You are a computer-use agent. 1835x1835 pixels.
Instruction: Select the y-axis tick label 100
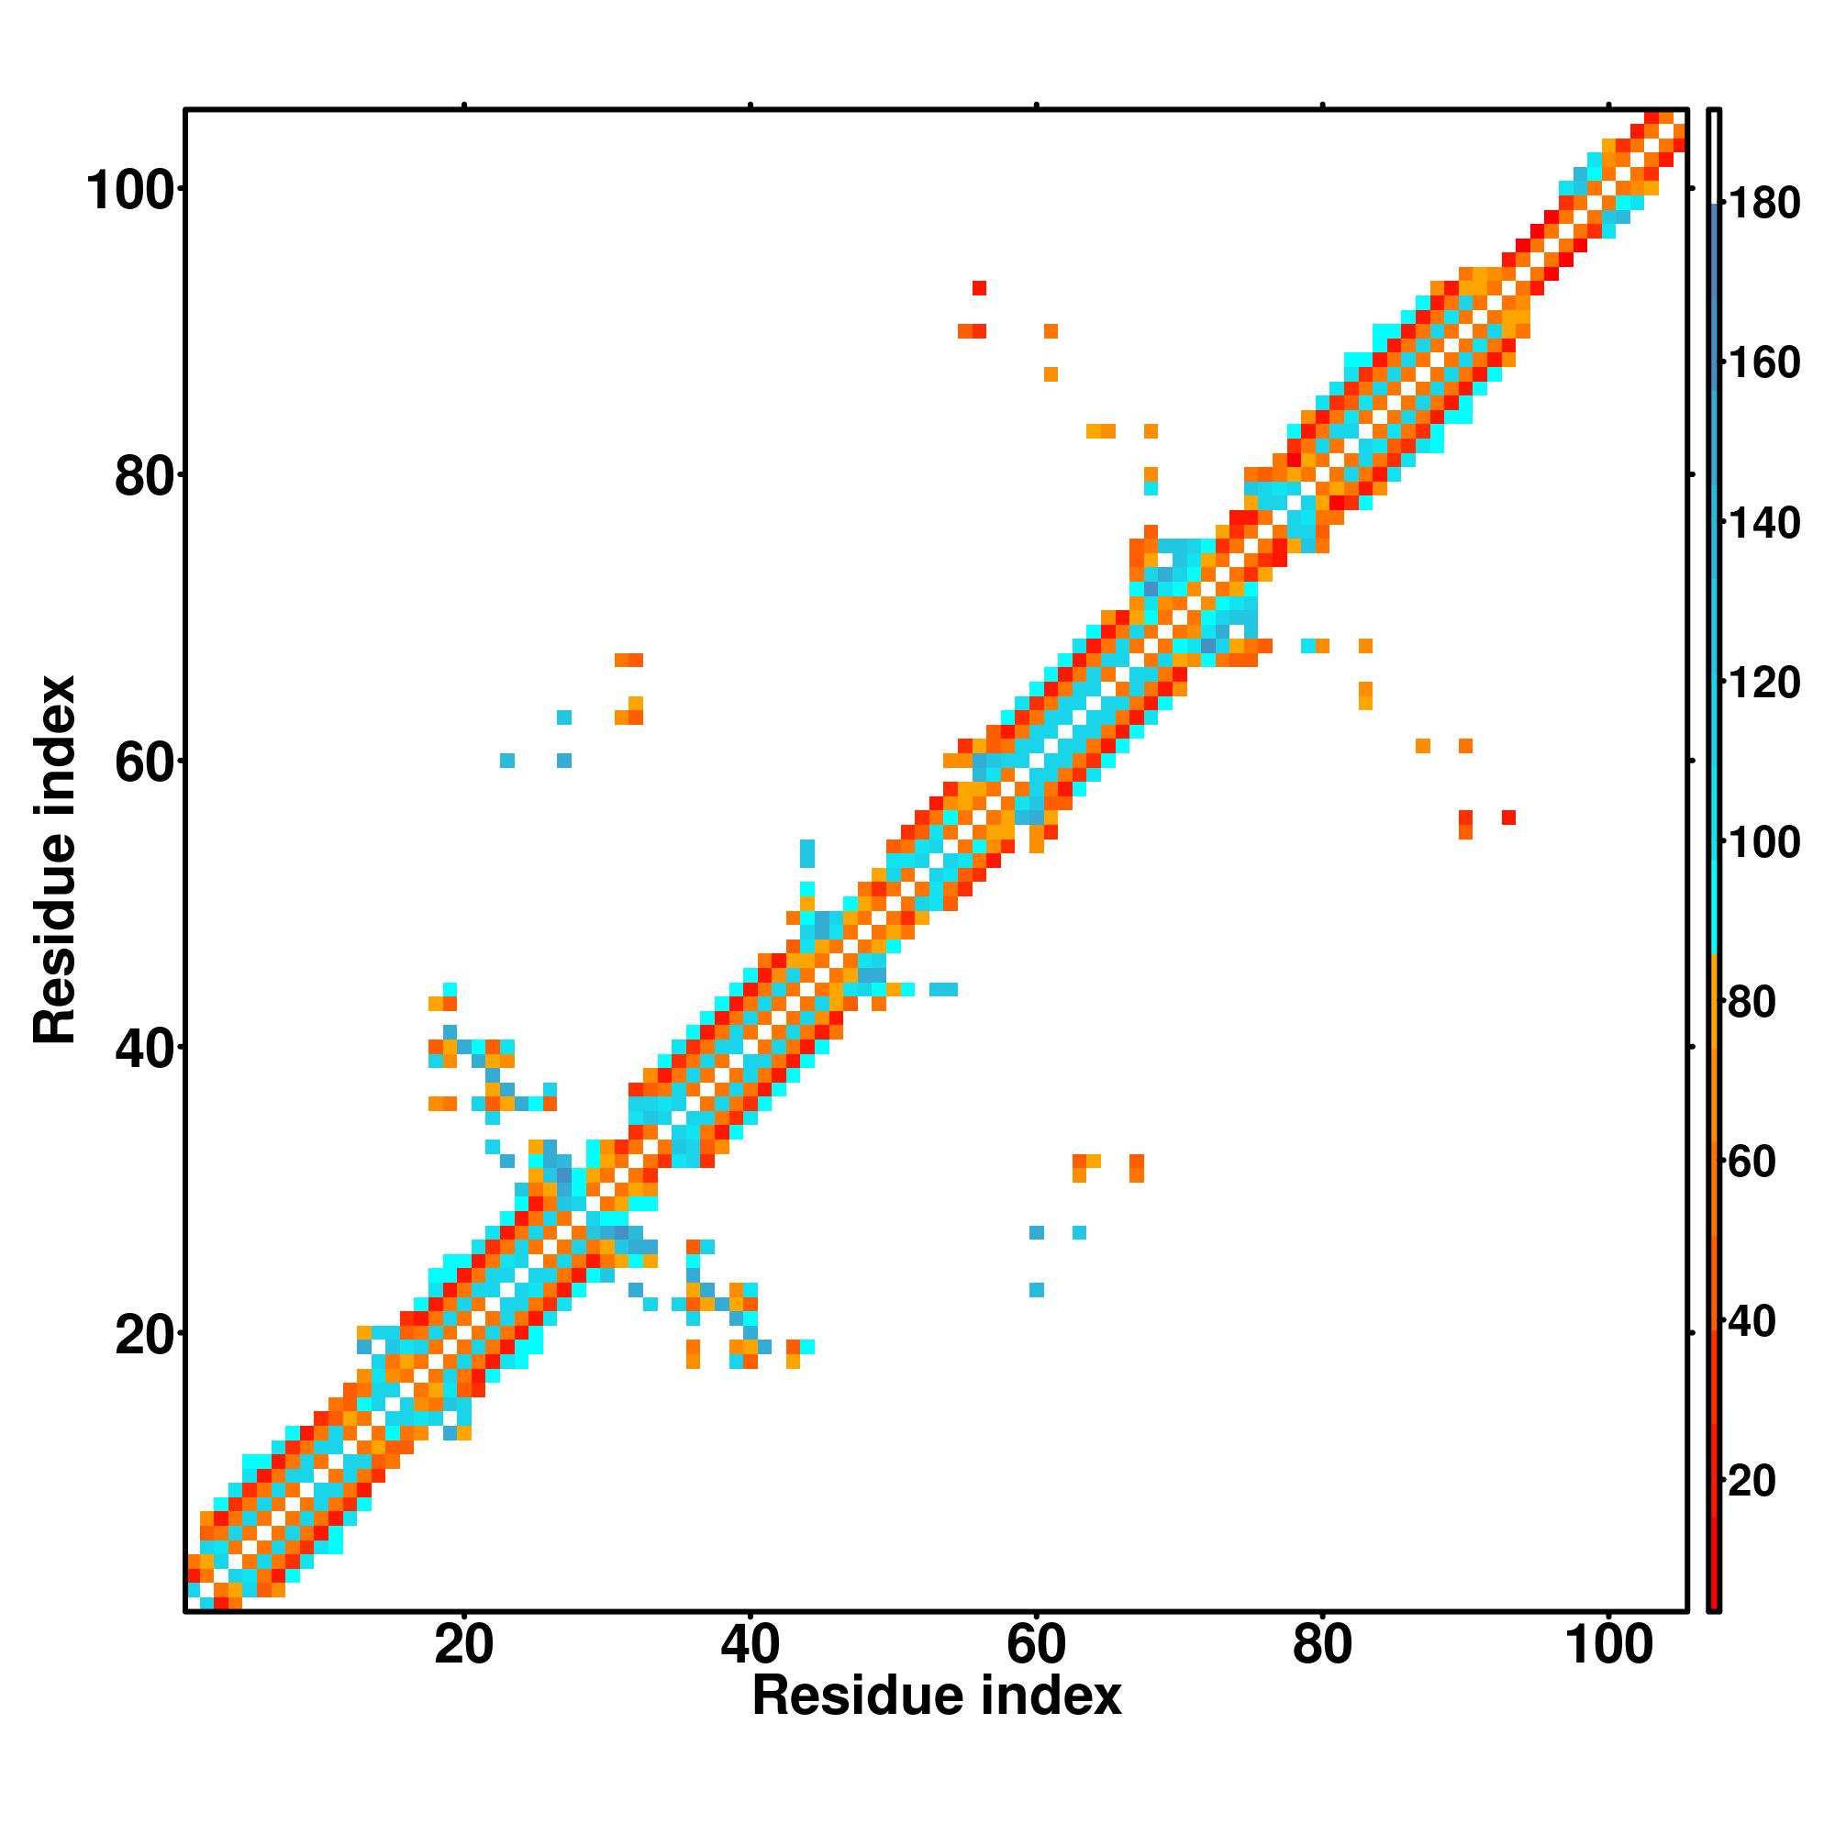pyautogui.click(x=132, y=191)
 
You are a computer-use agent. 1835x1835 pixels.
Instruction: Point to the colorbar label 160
pyautogui.click(x=1763, y=362)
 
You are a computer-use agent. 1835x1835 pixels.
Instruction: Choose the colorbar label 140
pyautogui.click(x=1763, y=522)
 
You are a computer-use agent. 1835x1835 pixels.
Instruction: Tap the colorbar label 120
pyautogui.click(x=1763, y=682)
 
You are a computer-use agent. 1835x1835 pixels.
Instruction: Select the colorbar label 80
pyautogui.click(x=1752, y=1002)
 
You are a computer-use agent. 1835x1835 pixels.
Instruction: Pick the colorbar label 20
pyautogui.click(x=1752, y=1481)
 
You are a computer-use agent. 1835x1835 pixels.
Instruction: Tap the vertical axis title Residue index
pyautogui.click(x=55, y=860)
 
